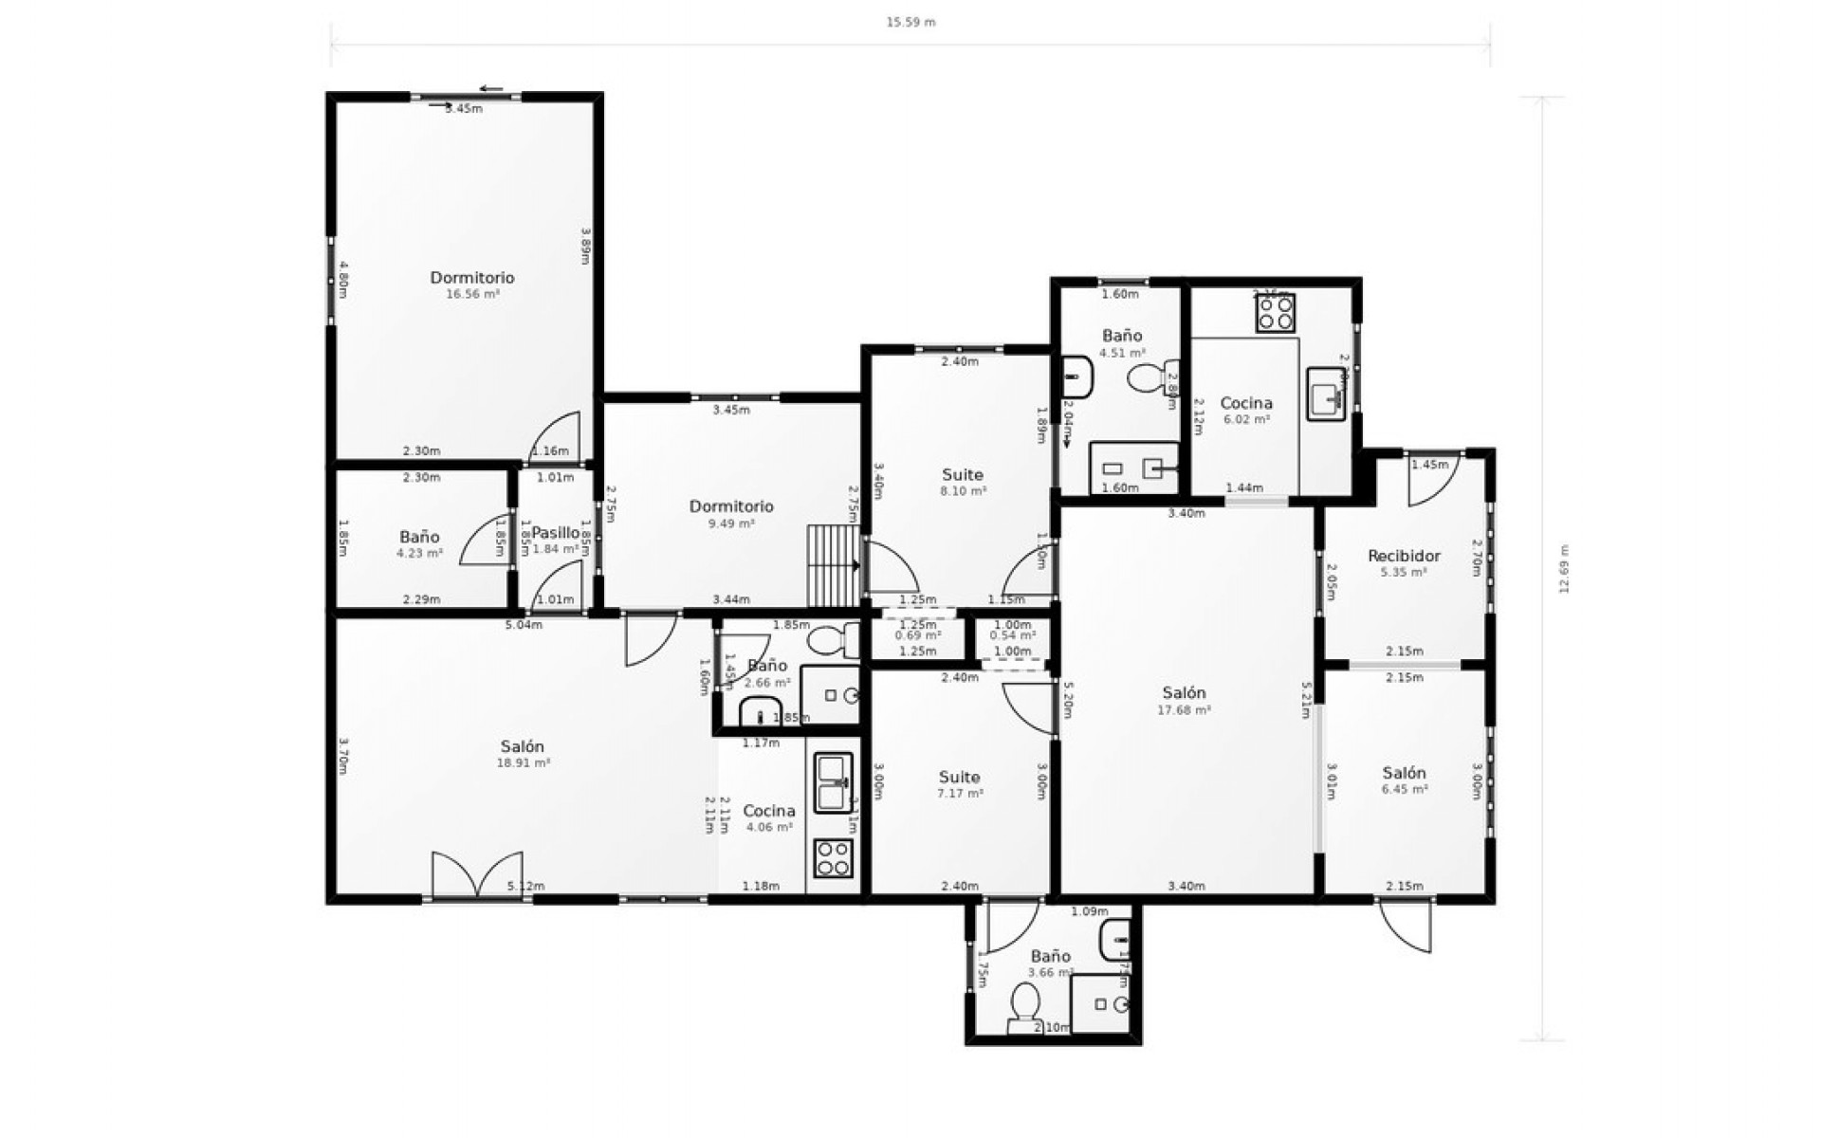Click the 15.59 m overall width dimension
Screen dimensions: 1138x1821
click(x=910, y=22)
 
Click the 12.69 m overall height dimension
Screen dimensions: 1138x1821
click(x=1564, y=568)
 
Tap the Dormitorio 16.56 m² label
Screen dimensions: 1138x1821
click(x=472, y=284)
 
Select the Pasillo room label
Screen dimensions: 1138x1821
click(x=555, y=533)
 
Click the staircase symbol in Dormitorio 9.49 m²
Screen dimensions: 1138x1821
click(x=832, y=566)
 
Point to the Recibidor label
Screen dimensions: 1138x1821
click(x=1404, y=557)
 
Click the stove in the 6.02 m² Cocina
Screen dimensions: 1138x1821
click(x=1276, y=314)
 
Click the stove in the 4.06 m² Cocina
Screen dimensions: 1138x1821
click(x=834, y=858)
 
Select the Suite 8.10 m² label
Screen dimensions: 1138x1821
click(x=963, y=482)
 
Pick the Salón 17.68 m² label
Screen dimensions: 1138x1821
click(x=1184, y=700)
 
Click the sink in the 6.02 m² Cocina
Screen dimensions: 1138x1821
click(x=1326, y=395)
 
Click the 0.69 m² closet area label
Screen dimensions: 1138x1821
click(x=917, y=635)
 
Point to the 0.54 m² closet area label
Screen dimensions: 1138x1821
click(x=1012, y=635)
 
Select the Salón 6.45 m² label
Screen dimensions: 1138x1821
click(x=1404, y=780)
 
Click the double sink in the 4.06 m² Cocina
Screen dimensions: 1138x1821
click(x=834, y=782)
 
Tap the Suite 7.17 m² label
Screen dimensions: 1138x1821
click(x=959, y=784)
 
